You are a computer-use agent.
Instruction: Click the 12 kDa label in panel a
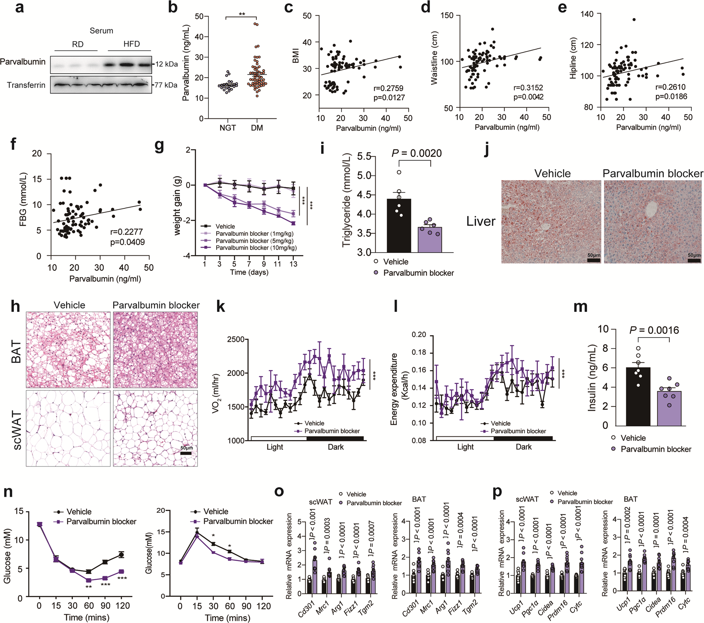(x=167, y=64)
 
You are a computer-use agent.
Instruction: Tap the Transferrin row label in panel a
(x=26, y=85)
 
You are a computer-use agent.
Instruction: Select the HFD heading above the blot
(x=131, y=44)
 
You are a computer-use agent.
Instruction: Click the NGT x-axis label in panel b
(x=228, y=128)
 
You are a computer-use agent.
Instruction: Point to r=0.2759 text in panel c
(x=388, y=88)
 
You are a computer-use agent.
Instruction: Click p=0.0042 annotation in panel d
(x=528, y=97)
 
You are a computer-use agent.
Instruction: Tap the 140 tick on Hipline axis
(x=587, y=14)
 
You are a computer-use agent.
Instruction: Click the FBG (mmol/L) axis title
(x=23, y=199)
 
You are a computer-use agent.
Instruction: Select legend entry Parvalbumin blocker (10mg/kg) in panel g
(x=256, y=248)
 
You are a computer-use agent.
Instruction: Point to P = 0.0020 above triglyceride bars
(x=417, y=153)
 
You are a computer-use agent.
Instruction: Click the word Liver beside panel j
(x=481, y=221)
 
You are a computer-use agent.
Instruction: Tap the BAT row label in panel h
(x=16, y=352)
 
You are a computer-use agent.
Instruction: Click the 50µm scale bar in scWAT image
(x=186, y=453)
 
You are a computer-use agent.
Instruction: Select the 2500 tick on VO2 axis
(x=236, y=339)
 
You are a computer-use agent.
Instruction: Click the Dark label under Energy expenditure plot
(x=523, y=447)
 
